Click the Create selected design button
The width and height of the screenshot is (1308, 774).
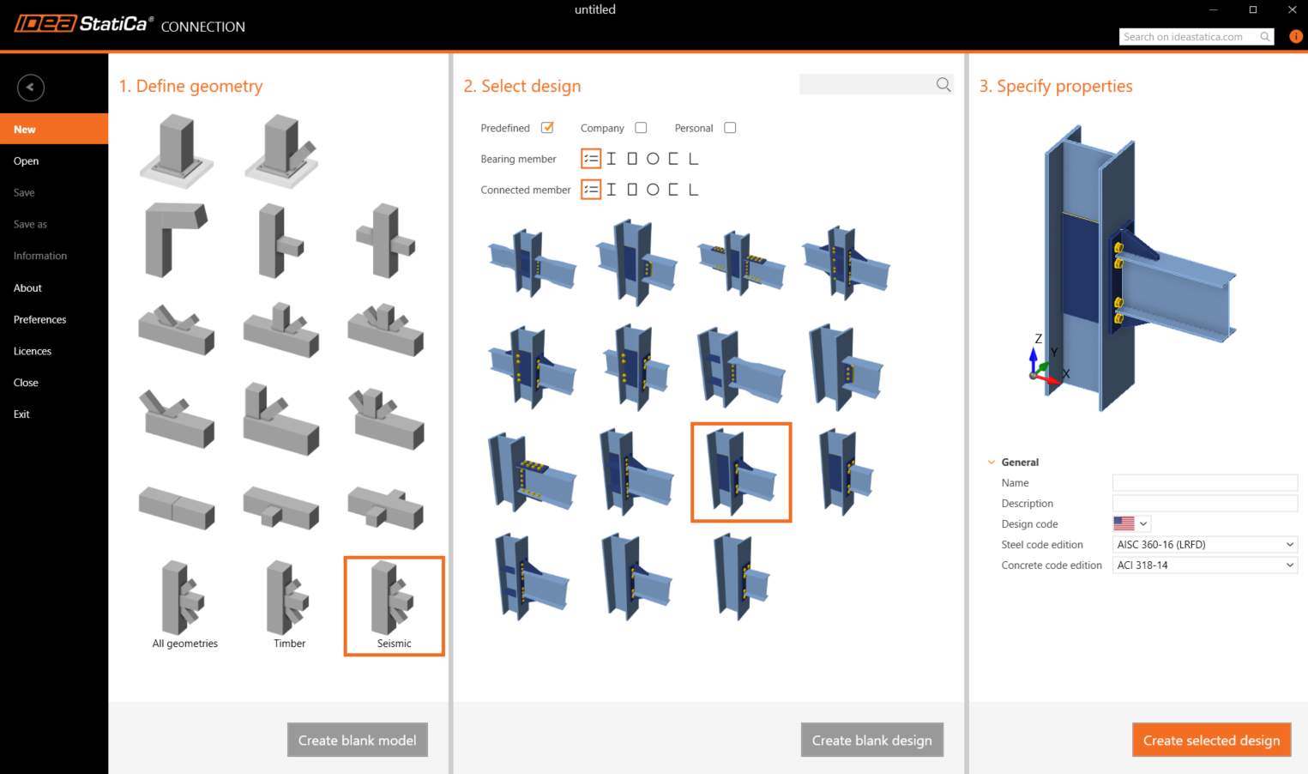[1211, 740]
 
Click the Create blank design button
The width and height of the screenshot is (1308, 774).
[871, 740]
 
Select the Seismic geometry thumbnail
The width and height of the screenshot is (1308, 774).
[394, 605]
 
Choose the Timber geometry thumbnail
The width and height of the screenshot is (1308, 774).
[289, 605]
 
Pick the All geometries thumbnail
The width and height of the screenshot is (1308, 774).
[184, 605]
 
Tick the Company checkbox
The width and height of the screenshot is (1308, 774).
[641, 128]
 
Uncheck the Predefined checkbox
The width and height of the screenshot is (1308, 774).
[547, 128]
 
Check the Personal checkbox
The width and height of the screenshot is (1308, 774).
[730, 128]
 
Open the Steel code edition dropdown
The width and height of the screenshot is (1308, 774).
[1204, 545]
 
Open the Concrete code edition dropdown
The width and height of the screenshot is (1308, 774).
[1204, 565]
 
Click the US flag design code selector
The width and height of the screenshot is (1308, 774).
[1130, 523]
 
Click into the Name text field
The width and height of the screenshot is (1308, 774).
[1204, 483]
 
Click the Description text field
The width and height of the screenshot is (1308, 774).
[1204, 504]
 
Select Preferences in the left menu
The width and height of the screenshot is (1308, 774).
[40, 319]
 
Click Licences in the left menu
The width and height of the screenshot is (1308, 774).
[33, 351]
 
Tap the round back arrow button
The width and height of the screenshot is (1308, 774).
[30, 88]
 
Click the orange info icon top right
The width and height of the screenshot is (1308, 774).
[1295, 36]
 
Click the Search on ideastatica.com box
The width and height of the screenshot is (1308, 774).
[1188, 37]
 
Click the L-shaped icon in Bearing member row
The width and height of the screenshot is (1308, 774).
[693, 159]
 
